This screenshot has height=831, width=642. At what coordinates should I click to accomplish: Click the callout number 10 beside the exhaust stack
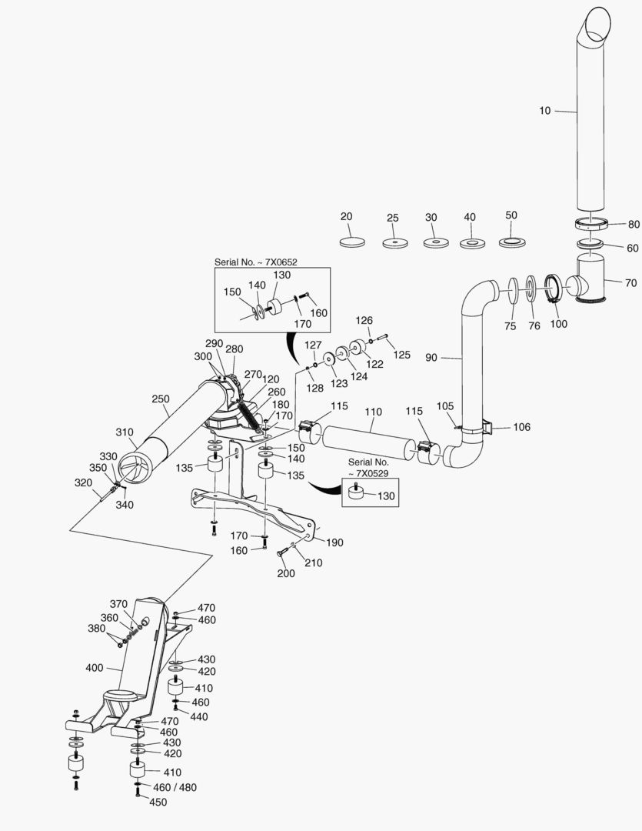coord(544,111)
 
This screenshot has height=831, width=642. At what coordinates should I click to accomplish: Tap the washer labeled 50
coord(511,242)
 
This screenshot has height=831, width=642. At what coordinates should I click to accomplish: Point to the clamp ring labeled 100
coord(556,292)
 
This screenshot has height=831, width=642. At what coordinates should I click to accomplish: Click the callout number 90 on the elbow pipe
coord(431,358)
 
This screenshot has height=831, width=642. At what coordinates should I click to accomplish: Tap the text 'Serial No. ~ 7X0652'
coord(255,262)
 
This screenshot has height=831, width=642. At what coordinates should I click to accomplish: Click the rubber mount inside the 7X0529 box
coord(356,494)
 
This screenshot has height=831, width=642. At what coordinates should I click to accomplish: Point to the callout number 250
coord(161,399)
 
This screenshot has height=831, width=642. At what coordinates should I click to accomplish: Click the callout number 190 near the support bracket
coord(334,542)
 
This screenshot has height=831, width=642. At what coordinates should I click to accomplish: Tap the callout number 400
coord(95,668)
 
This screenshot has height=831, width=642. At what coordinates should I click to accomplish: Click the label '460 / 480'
coord(175,788)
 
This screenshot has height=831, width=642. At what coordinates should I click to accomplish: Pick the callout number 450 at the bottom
coord(158,802)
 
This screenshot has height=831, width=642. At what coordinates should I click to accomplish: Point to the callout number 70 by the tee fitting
coord(630,283)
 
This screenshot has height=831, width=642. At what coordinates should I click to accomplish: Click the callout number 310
coord(125,432)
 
